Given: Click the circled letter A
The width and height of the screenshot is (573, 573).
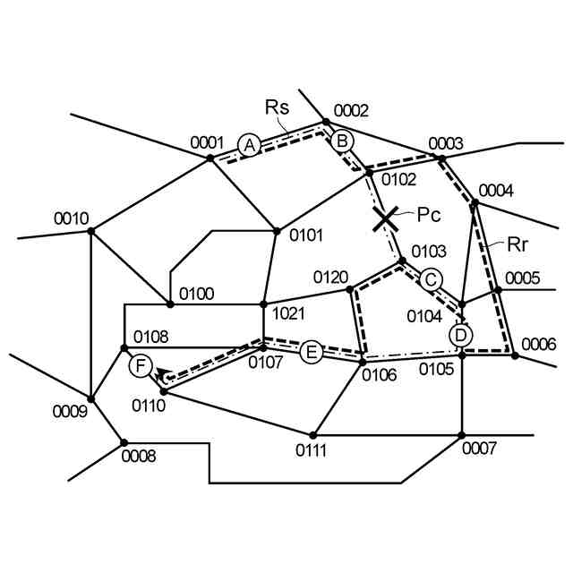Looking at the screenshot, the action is click(250, 145).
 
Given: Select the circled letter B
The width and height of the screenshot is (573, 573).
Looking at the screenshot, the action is click(342, 141).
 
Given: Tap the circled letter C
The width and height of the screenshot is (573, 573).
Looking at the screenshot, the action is click(432, 279).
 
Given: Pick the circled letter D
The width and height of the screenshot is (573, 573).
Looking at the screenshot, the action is click(460, 335).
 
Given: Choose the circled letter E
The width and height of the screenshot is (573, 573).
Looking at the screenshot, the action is click(311, 352).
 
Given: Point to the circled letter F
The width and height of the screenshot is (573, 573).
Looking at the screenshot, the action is click(140, 365).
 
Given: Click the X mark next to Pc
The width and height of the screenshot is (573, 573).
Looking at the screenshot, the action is click(385, 218).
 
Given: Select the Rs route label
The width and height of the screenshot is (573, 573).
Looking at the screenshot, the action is click(277, 107).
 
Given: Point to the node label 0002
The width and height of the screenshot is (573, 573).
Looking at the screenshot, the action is click(351, 111).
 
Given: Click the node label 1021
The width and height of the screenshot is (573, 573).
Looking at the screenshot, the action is click(288, 313).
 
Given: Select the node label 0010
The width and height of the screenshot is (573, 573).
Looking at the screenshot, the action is click(71, 218).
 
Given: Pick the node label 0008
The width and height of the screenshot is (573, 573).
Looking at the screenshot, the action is click(139, 457).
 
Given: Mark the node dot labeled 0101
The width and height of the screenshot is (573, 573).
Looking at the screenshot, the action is click(277, 230).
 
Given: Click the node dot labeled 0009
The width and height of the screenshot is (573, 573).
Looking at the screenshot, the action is click(90, 398).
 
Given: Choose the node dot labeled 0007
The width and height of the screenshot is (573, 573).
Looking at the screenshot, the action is click(462, 435).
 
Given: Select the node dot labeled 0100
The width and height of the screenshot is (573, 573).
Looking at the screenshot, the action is click(170, 304).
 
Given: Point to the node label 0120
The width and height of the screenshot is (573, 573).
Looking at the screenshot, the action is click(330, 276).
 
